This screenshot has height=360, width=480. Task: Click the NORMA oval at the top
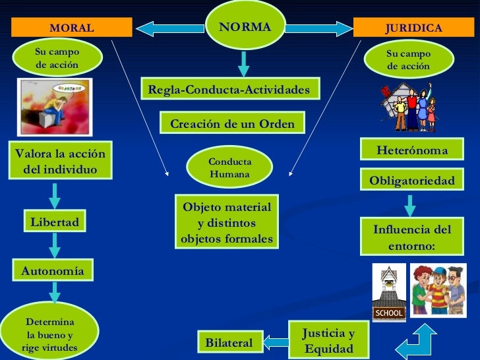click(245, 27)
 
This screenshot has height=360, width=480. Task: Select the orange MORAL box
click(72, 28)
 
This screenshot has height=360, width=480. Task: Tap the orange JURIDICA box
click(413, 28)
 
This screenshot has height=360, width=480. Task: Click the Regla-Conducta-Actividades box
click(229, 90)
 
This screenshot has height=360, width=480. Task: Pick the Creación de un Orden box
click(232, 123)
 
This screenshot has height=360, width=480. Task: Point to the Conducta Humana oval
click(229, 168)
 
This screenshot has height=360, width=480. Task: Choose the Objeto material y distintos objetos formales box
click(227, 223)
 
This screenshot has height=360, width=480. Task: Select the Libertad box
click(55, 222)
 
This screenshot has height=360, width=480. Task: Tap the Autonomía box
click(53, 270)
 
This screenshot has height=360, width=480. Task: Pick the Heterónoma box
click(411, 151)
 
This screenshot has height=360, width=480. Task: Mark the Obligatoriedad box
click(411, 180)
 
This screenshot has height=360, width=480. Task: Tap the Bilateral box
click(229, 343)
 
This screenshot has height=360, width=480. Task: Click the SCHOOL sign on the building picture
click(389, 313)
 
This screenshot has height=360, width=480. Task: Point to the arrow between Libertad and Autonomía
click(55, 245)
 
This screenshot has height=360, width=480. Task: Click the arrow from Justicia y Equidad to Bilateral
click(277, 341)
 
